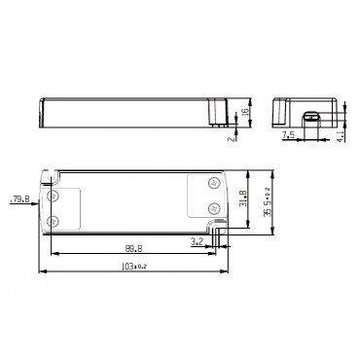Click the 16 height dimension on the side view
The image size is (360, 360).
coord(245,111)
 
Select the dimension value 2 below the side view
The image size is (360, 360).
coord(232,138)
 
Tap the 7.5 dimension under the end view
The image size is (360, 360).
coord(288,134)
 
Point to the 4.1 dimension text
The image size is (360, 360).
coord(341,135)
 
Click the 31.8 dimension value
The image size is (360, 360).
coord(244,198)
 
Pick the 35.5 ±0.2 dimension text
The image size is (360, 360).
coord(268,201)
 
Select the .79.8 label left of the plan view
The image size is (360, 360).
coord(19,198)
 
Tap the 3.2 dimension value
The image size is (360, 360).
coord(198,241)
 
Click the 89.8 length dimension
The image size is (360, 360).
coord(133,248)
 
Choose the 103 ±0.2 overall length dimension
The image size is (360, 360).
coord(134,267)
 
